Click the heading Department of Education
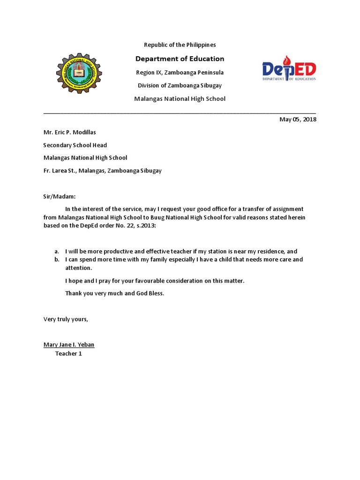tap(180, 59)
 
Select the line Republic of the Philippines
tap(180, 45)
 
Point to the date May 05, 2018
tap(298, 120)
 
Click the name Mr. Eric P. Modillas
tap(69, 133)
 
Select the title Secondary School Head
tap(75, 145)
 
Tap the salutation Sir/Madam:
tap(59, 197)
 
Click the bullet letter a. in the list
tap(57, 252)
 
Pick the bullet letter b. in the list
tap(57, 260)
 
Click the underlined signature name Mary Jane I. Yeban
tap(69, 345)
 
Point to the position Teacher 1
tap(68, 354)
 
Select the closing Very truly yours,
tap(66, 320)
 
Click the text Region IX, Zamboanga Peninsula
tap(180, 73)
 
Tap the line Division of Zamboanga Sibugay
tap(180, 86)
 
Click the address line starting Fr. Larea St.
tap(102, 171)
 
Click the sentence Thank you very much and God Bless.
tap(115, 293)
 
